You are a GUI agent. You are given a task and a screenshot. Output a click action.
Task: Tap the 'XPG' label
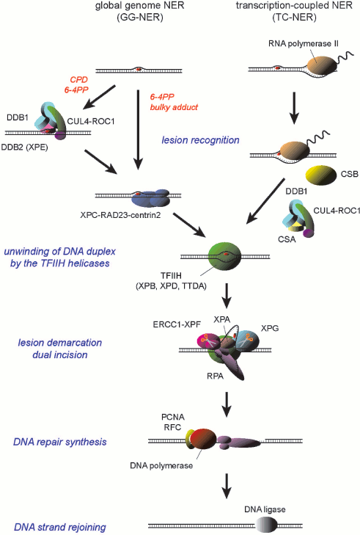pyautogui.click(x=270, y=330)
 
